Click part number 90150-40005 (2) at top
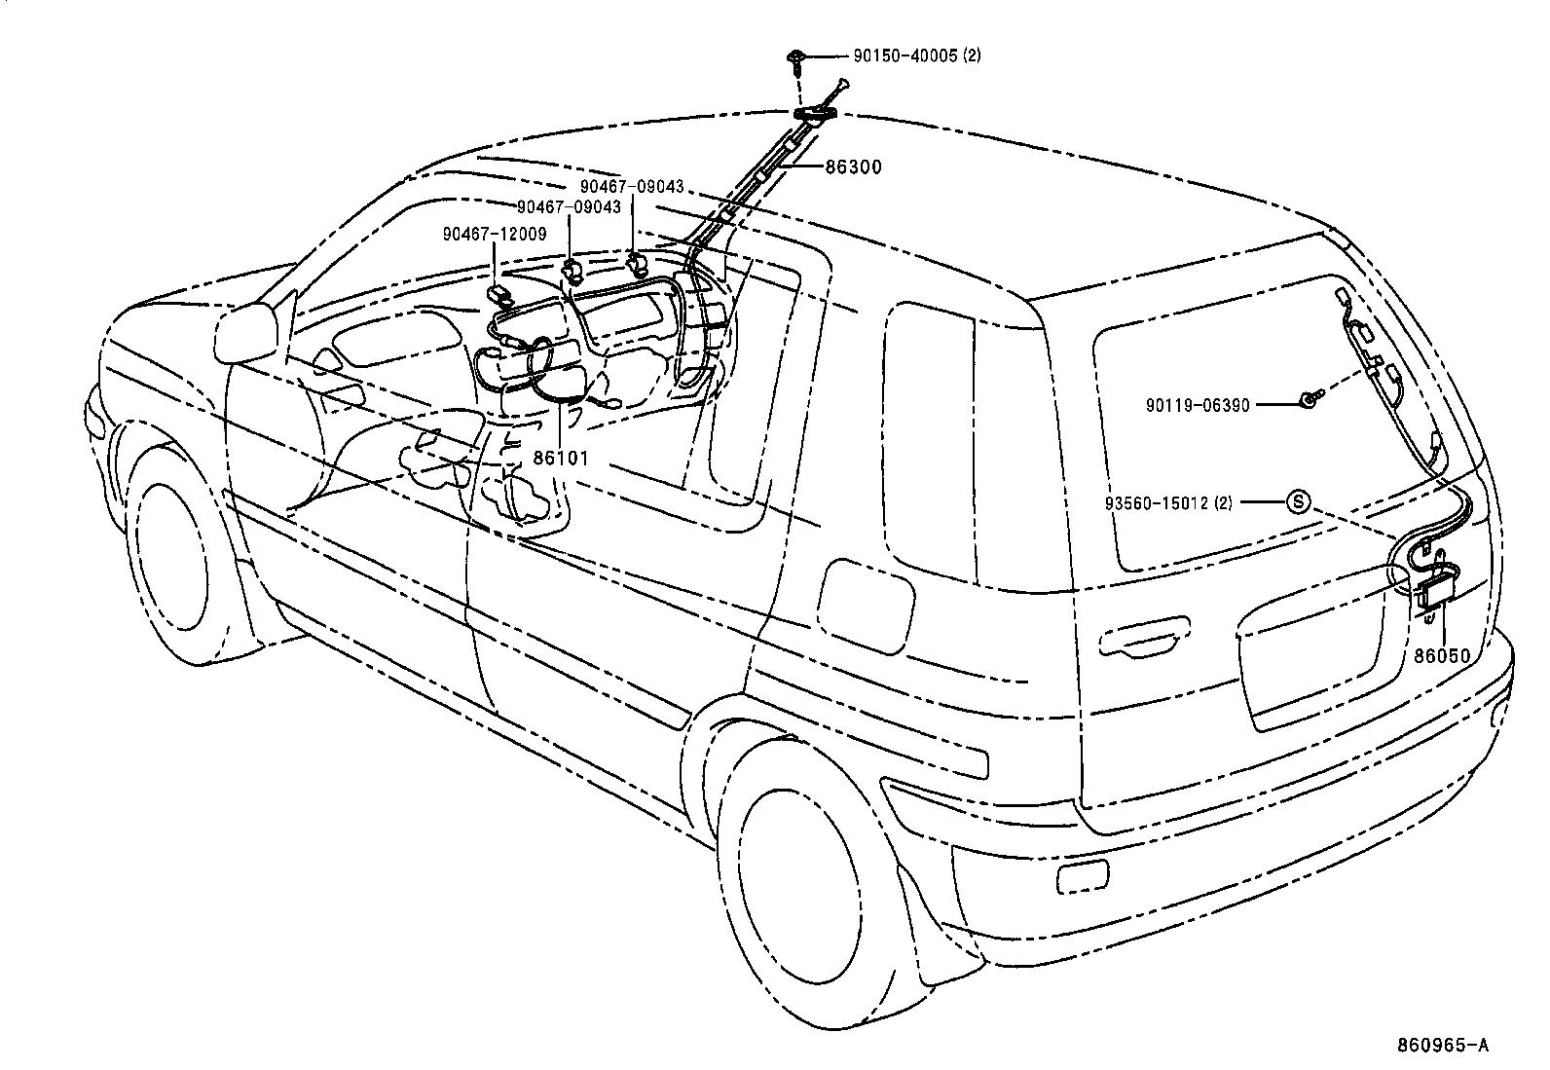pyautogui.click(x=916, y=55)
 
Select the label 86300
pyautogui.click(x=852, y=167)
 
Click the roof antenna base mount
pyautogui.click(x=817, y=115)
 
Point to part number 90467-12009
pyautogui.click(x=494, y=234)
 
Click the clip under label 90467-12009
pyautogui.click(x=501, y=295)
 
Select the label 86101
pyautogui.click(x=560, y=457)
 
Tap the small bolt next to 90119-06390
pyautogui.click(x=1310, y=397)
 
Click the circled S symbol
pyautogui.click(x=1299, y=502)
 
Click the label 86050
pyautogui.click(x=1442, y=656)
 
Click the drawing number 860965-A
pyautogui.click(x=1443, y=1046)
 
